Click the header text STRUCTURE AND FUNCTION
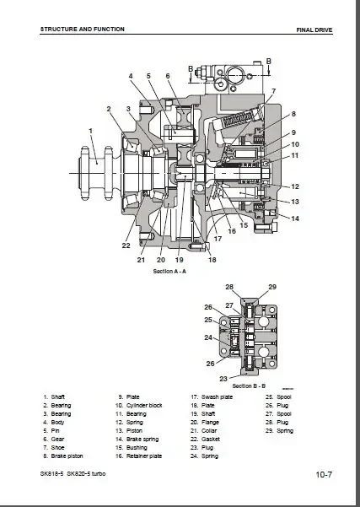pos(82,29)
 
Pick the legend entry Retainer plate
pos(142,456)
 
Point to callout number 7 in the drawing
pos(272,90)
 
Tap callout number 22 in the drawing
pos(126,245)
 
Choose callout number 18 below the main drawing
pos(212,260)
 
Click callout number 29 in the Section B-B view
pos(272,288)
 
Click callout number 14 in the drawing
pos(295,218)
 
